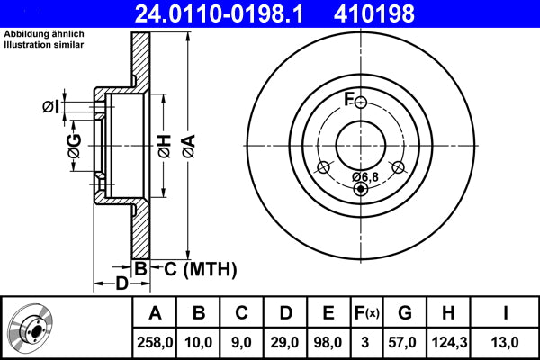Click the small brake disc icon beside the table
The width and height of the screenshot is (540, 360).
(34, 328)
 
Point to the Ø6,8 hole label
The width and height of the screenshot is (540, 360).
(364, 175)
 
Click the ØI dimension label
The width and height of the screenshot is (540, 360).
(51, 108)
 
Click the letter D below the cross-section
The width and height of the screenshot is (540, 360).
(121, 285)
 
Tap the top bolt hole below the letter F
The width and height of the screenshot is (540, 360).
(361, 103)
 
